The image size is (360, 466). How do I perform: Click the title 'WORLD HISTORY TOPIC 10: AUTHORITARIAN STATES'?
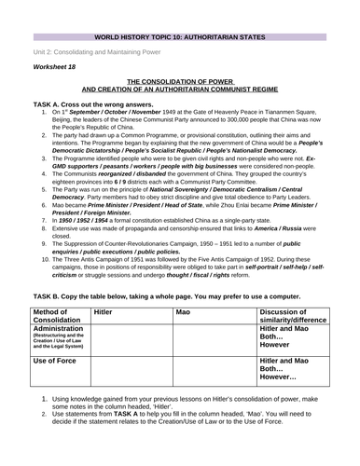(179, 7)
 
